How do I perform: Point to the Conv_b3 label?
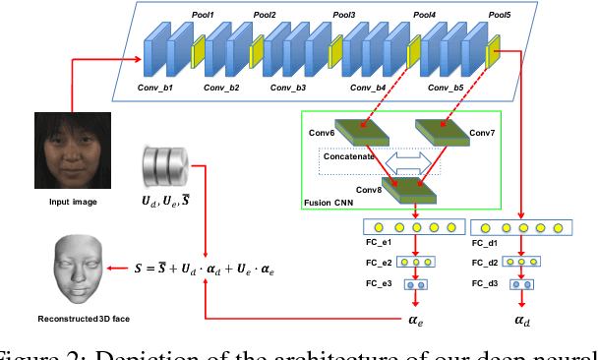(288, 89)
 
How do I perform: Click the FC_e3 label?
(379, 283)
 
